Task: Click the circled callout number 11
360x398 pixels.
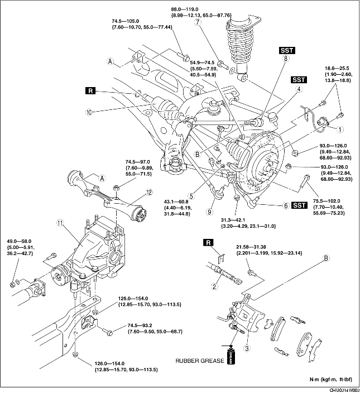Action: [x=60, y=223]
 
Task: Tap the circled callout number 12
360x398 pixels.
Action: [x=149, y=193]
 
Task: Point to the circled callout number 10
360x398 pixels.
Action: [x=89, y=112]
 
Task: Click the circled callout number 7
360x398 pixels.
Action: [x=198, y=22]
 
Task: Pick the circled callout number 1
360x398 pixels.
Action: [x=340, y=129]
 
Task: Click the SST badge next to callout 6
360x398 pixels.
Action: [x=300, y=205]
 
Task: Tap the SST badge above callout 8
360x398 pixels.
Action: [x=287, y=50]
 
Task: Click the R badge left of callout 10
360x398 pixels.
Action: [x=90, y=90]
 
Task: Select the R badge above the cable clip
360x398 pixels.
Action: [x=208, y=243]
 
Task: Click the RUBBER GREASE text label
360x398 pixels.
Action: [x=200, y=361]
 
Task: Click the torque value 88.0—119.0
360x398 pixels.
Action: [x=185, y=9]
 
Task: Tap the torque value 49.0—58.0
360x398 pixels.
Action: [x=20, y=241]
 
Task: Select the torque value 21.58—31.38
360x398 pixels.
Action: [x=251, y=247]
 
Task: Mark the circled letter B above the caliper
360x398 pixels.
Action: [x=327, y=258]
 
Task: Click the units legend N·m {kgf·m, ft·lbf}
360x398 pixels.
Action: [x=331, y=380]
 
